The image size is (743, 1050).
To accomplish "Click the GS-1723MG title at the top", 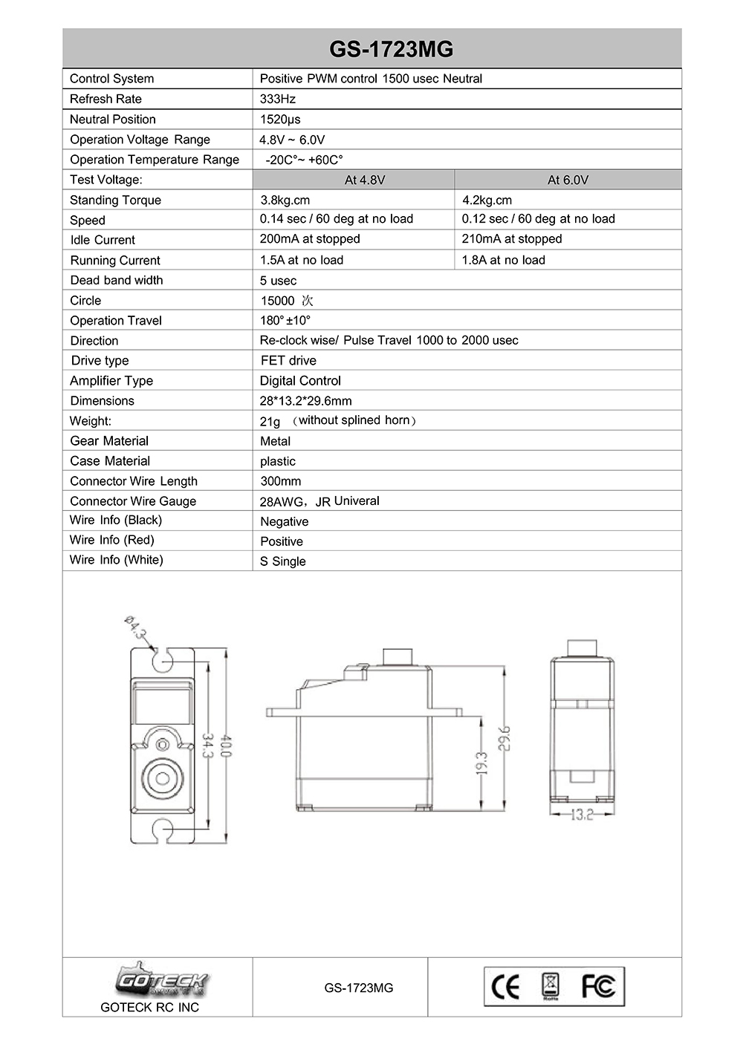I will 391,49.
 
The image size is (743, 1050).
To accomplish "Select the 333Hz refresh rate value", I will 278,99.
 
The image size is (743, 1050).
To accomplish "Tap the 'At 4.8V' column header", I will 365,180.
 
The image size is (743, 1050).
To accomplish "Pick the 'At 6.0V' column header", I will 568,180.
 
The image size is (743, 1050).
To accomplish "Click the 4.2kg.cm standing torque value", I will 487,200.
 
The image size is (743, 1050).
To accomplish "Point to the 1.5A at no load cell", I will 302,260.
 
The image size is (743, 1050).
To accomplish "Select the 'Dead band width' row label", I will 117,280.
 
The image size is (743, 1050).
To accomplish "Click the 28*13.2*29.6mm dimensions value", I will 306,400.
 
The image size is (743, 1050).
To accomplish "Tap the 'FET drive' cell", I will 288,360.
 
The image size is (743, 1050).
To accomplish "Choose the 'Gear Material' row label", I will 109,440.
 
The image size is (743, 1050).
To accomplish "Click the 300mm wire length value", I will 281,481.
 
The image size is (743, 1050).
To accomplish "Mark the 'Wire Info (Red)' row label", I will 112,540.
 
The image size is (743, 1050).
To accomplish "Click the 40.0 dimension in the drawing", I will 227,746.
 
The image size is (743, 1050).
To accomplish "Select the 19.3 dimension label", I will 481,763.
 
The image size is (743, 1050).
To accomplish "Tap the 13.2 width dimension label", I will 582,815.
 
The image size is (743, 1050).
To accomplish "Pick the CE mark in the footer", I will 506,987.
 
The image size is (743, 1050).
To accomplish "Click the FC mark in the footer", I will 598,986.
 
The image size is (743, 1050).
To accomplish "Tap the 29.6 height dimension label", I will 504,738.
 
